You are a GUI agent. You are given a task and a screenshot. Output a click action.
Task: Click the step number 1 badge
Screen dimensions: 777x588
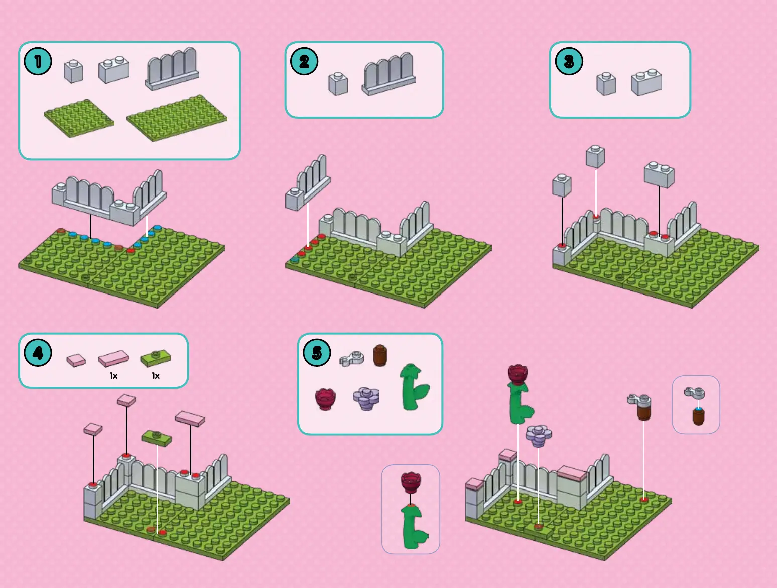[38, 61]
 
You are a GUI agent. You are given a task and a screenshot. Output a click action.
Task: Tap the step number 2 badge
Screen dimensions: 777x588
[304, 61]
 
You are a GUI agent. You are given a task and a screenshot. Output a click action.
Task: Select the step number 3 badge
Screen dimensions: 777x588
[568, 61]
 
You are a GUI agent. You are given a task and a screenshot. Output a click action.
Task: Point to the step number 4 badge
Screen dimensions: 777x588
[38, 353]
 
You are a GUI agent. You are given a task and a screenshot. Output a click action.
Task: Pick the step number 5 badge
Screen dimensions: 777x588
[317, 353]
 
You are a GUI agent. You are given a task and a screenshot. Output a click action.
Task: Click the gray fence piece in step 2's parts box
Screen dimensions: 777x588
[389, 74]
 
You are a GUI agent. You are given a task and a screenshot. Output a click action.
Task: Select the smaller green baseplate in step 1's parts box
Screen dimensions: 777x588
[79, 118]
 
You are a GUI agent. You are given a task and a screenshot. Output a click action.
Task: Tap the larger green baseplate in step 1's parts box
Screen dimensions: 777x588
[177, 118]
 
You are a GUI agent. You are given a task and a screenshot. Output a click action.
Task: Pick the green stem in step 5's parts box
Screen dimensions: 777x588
[414, 387]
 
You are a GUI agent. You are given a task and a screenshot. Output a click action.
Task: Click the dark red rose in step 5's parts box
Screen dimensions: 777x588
[325, 399]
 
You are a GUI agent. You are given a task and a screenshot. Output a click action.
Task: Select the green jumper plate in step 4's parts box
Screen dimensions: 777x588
[156, 358]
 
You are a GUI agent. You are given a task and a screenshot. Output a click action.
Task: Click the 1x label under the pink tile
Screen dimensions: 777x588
[114, 376]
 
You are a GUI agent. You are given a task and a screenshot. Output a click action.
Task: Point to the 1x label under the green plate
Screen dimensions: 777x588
[156, 376]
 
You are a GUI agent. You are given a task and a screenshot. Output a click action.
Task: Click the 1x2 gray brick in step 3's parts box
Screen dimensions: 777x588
[646, 83]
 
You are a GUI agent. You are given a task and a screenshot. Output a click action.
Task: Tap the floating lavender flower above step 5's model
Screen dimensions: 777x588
[539, 436]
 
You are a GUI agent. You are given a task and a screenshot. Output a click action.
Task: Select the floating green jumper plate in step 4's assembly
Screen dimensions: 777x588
[157, 438]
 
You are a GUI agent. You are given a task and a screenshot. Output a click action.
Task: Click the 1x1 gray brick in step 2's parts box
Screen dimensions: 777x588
[338, 84]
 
